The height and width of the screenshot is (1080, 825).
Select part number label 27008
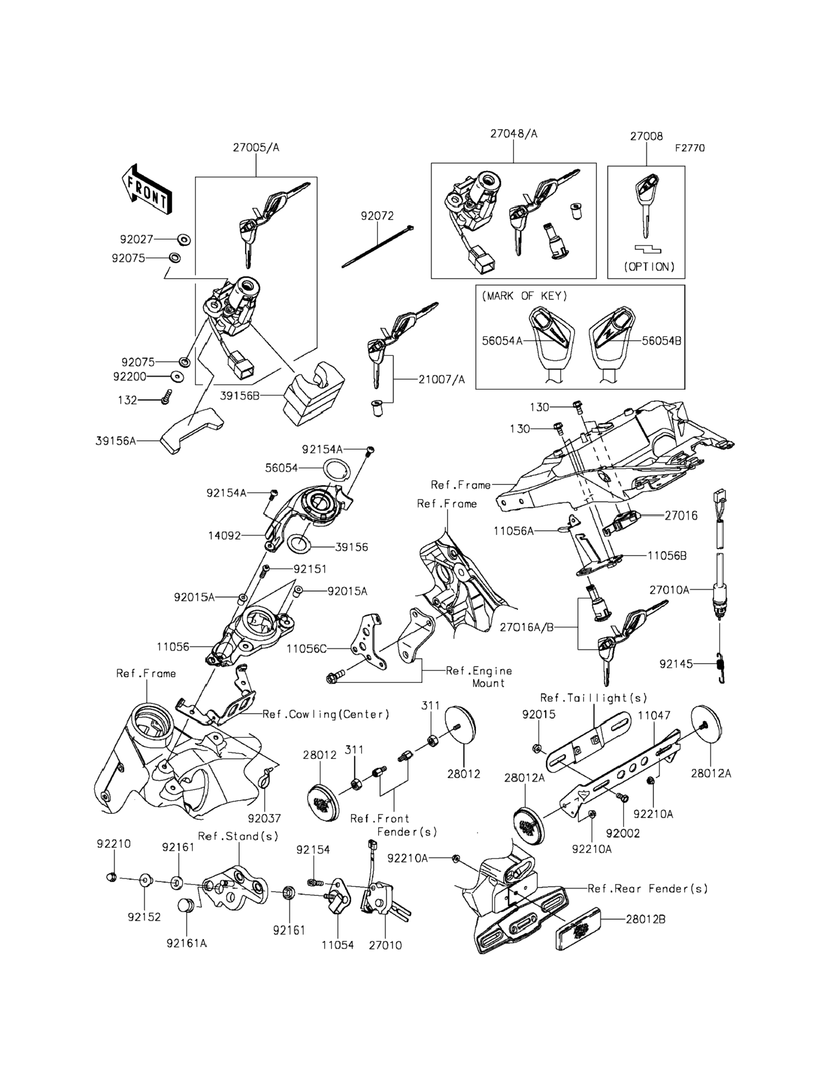click(646, 136)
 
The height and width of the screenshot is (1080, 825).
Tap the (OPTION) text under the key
click(649, 266)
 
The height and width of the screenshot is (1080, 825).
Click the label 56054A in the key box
click(502, 341)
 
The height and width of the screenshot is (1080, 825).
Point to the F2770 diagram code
click(689, 148)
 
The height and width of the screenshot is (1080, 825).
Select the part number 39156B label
click(239, 395)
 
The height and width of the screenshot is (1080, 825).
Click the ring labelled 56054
click(337, 471)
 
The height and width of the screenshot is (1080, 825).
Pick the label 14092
click(224, 535)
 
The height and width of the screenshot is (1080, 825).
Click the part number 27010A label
click(669, 590)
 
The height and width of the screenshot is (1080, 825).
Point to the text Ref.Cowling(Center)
click(326, 714)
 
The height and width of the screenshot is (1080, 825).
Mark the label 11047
click(654, 715)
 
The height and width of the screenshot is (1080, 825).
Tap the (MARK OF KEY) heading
click(525, 296)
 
